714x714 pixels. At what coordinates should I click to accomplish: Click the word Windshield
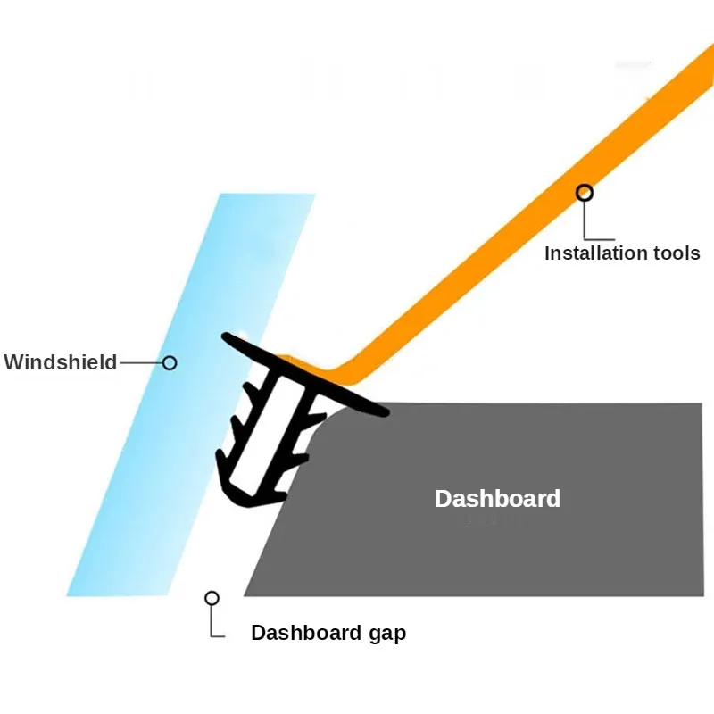pos(61,362)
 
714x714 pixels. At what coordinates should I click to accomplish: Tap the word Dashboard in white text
pos(497,498)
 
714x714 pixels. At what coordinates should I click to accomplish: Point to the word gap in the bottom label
pos(386,633)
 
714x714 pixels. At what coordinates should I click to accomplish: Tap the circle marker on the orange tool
pos(585,192)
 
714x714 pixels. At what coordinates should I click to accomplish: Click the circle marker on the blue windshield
pos(170,362)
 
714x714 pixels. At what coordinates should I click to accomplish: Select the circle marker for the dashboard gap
pos(212,598)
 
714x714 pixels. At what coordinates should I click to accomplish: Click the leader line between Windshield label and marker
pos(140,362)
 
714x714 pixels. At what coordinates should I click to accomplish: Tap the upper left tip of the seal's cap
pos(228,337)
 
